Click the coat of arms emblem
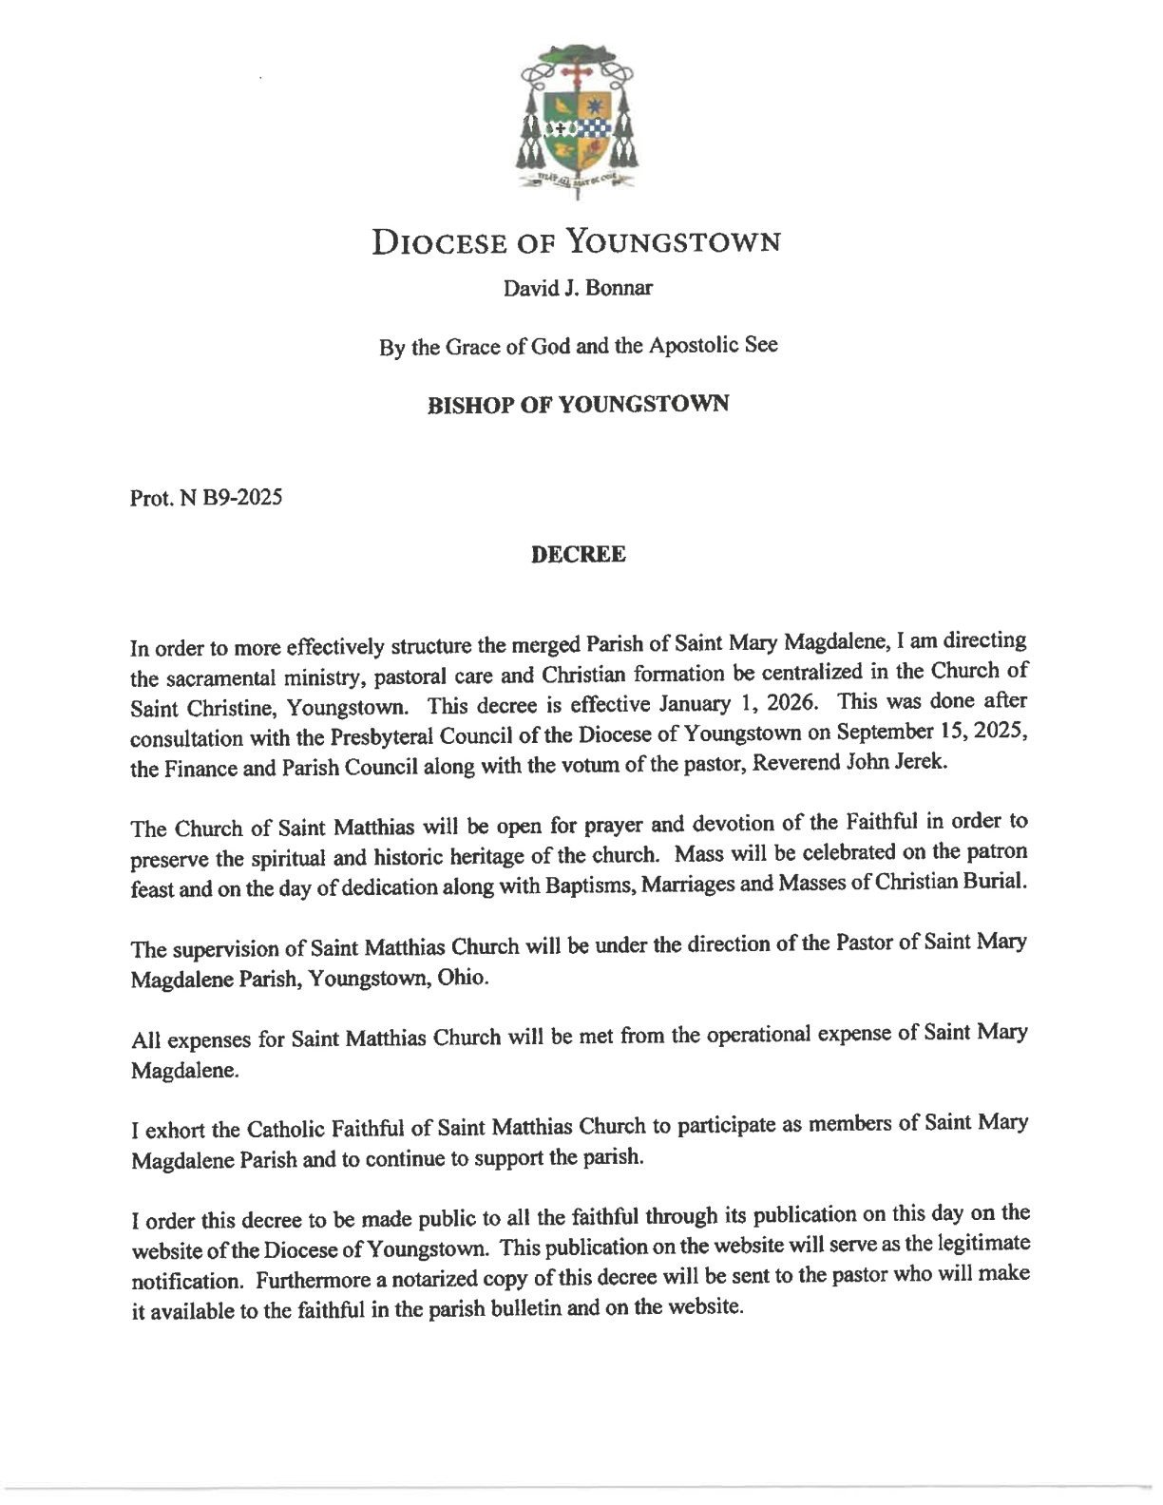pos(578,119)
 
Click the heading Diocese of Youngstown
pos(577,242)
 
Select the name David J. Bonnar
pos(578,288)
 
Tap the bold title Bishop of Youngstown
pos(578,404)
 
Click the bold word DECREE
pos(578,555)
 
